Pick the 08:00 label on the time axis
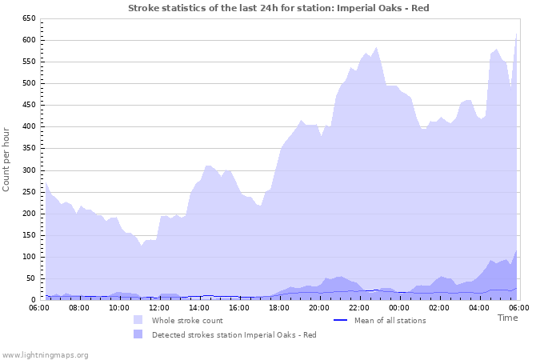[x=79, y=307]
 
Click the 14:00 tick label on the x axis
[x=199, y=307]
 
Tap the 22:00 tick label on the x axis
[x=359, y=307]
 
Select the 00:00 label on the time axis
[x=399, y=307]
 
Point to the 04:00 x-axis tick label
[x=479, y=307]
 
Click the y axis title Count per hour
[x=7, y=159]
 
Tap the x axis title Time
[x=508, y=318]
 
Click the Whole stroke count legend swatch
[x=139, y=320]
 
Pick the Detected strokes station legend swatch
[x=139, y=334]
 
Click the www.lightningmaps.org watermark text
[x=45, y=354]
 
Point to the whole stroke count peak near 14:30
[x=208, y=166]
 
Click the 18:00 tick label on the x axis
[x=279, y=307]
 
